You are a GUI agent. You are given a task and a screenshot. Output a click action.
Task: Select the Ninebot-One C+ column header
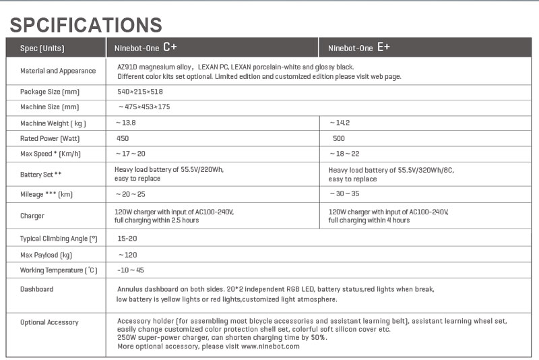145,48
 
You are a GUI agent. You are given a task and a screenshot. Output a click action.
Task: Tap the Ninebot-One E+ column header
359,48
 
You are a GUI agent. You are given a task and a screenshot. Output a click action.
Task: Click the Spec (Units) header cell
41,49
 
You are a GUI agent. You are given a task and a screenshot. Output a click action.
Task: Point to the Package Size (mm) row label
50,92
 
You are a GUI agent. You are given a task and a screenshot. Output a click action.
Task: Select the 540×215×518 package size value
140,91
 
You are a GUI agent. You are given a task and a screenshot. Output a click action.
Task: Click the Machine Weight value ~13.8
129,123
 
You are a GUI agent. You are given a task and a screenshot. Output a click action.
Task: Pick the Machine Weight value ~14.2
340,123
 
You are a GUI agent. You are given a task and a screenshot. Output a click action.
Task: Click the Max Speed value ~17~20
131,154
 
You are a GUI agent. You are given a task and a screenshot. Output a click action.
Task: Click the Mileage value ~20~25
131,194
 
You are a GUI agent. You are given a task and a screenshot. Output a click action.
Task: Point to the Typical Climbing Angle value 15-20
127,239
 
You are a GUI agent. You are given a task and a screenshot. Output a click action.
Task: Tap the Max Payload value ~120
127,255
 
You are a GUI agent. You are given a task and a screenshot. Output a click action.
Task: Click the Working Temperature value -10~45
131,270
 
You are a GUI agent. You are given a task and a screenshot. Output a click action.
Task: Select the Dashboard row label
36,289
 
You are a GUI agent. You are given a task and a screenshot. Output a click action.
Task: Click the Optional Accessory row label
49,322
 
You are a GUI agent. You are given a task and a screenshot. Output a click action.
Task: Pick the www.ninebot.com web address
269,347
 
